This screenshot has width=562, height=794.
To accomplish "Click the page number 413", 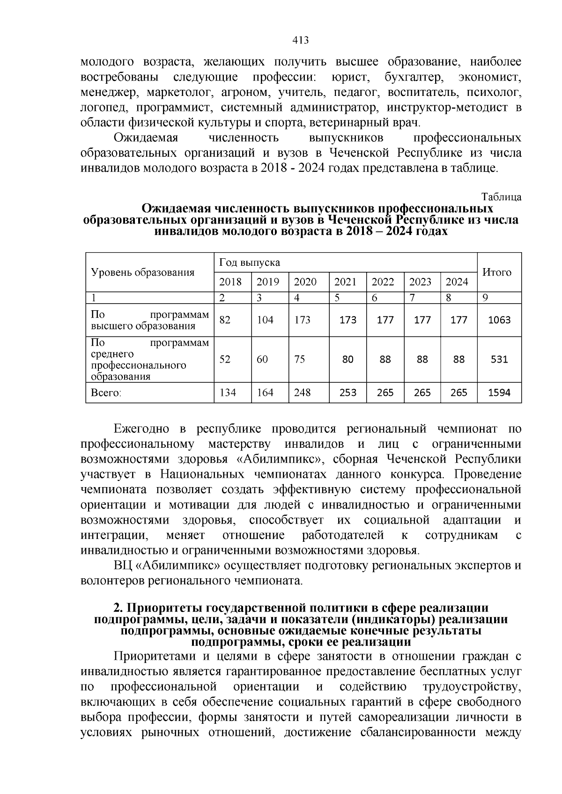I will pyautogui.click(x=300, y=40).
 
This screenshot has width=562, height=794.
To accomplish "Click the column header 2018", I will pyautogui.click(x=230, y=282).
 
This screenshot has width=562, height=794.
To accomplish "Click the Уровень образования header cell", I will pyautogui.click(x=142, y=272).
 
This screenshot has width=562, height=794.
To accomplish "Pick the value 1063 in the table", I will pyautogui.click(x=499, y=320).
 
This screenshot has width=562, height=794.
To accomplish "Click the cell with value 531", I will pyautogui.click(x=499, y=359).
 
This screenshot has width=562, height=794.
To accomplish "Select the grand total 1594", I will pyautogui.click(x=499, y=393).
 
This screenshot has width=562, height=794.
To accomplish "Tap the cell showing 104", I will pyautogui.click(x=265, y=320).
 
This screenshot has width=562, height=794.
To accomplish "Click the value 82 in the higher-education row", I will pyautogui.click(x=225, y=320).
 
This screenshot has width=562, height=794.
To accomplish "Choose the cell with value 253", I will pyautogui.click(x=348, y=393).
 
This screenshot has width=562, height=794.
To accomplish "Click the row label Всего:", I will pyautogui.click(x=106, y=393).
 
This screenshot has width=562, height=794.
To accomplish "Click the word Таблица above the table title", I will pyautogui.click(x=501, y=197).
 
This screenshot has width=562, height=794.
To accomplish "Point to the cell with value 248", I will pyautogui.click(x=302, y=393).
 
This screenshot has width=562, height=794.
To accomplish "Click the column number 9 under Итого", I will pyautogui.click(x=485, y=298).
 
